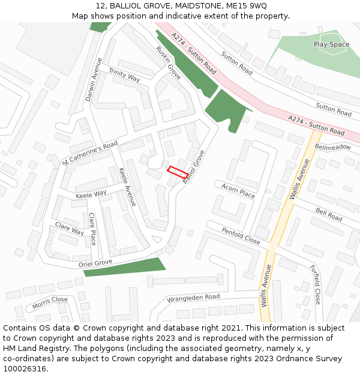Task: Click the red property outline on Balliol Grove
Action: [177, 171]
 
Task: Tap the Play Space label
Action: [331, 44]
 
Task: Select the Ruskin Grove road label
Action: [169, 63]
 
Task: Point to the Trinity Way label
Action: [124, 75]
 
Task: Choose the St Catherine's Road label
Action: [90, 154]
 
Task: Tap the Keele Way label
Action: [91, 194]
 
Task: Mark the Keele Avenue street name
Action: [127, 187]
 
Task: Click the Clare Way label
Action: [70, 229]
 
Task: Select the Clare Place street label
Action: [92, 229]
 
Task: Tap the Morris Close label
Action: [50, 302]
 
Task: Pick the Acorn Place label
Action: [238, 191]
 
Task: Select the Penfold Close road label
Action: [241, 236]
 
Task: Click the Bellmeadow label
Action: [333, 147]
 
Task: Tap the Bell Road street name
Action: [329, 215]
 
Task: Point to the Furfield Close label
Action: [316, 284]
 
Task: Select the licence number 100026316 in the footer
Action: [26, 369]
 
